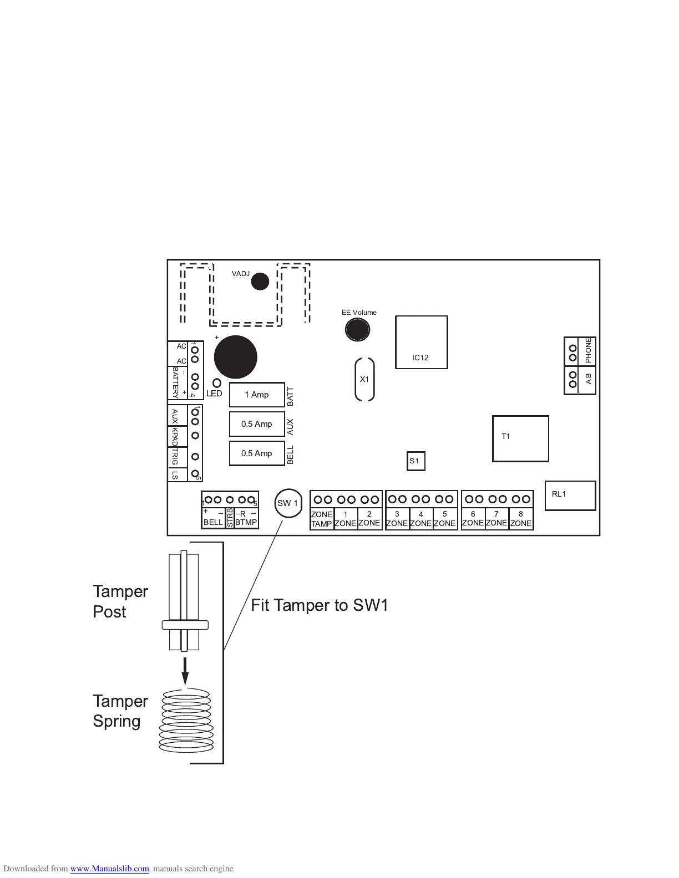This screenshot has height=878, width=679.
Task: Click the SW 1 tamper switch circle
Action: click(288, 503)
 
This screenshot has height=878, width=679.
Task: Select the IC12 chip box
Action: click(421, 342)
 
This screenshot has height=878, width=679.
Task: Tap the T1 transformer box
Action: click(520, 438)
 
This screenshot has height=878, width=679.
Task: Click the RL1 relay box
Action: click(570, 496)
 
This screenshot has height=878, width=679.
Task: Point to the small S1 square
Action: click(415, 461)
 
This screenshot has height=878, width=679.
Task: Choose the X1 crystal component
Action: click(364, 379)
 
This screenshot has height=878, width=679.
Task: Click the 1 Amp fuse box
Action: click(257, 395)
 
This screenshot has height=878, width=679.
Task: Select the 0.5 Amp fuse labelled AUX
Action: click(257, 424)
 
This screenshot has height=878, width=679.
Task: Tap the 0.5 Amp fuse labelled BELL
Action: click(257, 453)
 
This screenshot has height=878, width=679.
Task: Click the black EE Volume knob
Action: click(357, 330)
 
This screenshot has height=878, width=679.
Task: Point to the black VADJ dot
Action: click(260, 282)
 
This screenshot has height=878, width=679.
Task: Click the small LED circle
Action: click(217, 383)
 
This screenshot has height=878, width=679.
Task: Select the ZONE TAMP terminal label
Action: click(322, 519)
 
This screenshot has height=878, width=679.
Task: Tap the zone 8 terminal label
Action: click(521, 519)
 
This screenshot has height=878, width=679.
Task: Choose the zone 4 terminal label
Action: click(421, 519)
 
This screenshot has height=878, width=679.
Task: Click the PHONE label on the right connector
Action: click(588, 351)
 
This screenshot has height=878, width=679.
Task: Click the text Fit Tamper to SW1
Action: click(320, 605)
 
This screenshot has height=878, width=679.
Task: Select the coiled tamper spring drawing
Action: click(186, 721)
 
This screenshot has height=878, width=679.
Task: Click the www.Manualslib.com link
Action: click(109, 869)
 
